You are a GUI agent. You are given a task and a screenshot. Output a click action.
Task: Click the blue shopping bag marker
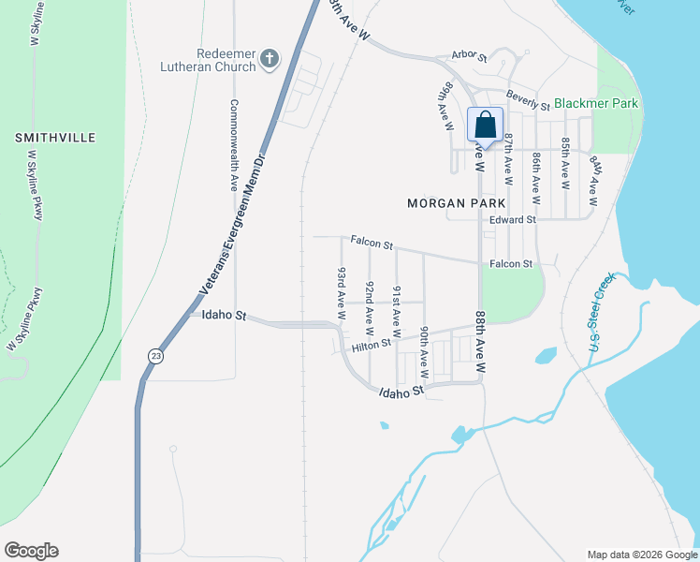485,126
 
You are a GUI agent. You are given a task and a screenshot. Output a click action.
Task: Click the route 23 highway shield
153,356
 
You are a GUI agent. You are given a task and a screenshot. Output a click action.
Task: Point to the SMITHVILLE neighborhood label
55,138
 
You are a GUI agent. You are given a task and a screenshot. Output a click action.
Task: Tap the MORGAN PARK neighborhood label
456,202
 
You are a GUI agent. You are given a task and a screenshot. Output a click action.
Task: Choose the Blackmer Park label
596,103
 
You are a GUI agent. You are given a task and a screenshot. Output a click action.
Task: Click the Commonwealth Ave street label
234,145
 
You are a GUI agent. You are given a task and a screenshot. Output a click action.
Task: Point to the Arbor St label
469,57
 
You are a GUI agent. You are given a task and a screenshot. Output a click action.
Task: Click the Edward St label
512,220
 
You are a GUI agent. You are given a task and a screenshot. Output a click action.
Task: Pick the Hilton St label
371,347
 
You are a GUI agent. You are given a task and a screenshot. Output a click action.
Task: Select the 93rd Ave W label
343,289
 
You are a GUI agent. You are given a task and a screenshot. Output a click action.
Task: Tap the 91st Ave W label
397,311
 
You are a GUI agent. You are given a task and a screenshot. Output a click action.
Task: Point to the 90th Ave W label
424,347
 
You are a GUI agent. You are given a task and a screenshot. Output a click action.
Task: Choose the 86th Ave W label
536,178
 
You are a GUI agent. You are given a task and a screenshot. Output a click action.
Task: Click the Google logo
31,551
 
